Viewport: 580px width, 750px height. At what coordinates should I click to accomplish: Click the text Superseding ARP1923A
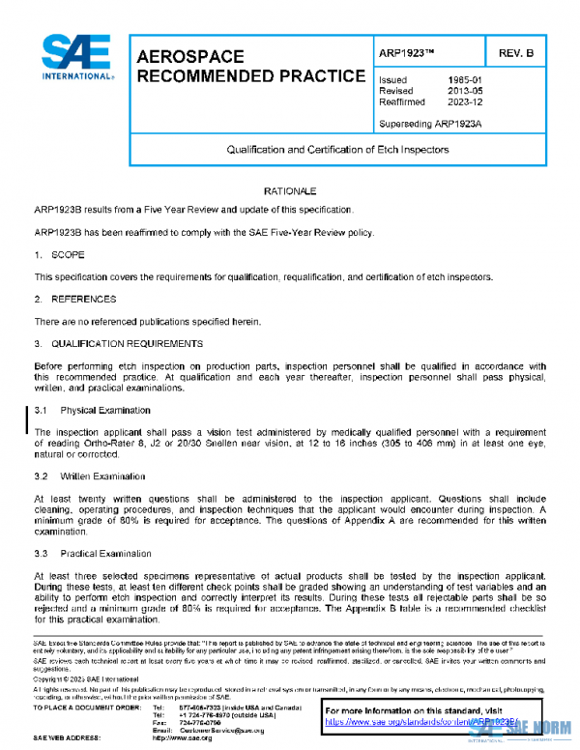coord(428,124)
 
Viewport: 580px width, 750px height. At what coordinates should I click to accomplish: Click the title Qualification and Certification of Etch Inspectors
coord(337,151)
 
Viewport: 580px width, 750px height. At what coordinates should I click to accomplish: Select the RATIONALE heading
coord(290,191)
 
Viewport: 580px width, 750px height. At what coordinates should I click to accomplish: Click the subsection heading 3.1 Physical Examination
coord(93,410)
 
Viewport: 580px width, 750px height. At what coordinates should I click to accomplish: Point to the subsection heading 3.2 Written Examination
coord(90,476)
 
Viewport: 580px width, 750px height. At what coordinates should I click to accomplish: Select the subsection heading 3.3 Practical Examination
coord(93,553)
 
